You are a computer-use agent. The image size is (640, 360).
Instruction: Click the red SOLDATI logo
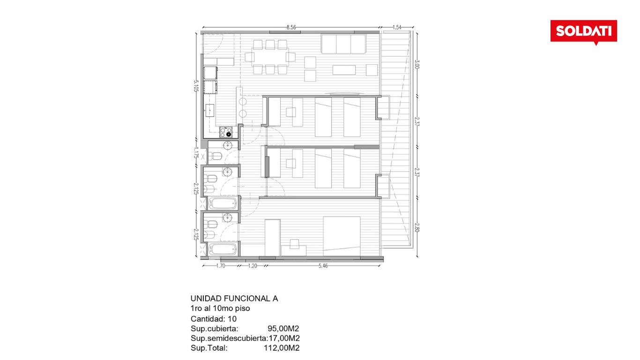583,32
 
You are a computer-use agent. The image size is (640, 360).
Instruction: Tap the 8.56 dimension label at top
291,28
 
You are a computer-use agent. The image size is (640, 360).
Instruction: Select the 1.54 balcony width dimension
397,28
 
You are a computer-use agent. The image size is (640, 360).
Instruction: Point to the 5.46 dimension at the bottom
323,266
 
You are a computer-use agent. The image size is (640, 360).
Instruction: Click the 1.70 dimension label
221,266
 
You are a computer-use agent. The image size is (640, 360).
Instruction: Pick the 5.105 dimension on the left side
196,86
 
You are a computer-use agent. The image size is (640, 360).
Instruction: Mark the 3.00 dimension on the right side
417,64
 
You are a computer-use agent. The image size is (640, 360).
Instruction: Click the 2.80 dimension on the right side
417,228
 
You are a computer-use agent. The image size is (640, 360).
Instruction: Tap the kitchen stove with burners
226,132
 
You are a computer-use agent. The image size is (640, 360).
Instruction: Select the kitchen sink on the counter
210,110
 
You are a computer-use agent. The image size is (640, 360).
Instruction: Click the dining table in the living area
270,57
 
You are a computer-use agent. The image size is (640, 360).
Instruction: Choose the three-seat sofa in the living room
343,44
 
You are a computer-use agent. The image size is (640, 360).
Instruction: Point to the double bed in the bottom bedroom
342,236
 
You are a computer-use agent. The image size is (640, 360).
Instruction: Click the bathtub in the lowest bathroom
223,250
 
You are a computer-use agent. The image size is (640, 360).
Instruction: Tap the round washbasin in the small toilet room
227,145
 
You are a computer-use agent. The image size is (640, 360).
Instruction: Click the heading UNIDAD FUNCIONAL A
234,299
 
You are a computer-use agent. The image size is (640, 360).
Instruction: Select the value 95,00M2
283,329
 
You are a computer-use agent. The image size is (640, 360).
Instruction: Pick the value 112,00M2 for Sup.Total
282,348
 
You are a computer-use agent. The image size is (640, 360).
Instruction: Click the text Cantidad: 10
214,319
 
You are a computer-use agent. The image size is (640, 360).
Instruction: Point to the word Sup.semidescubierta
229,338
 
